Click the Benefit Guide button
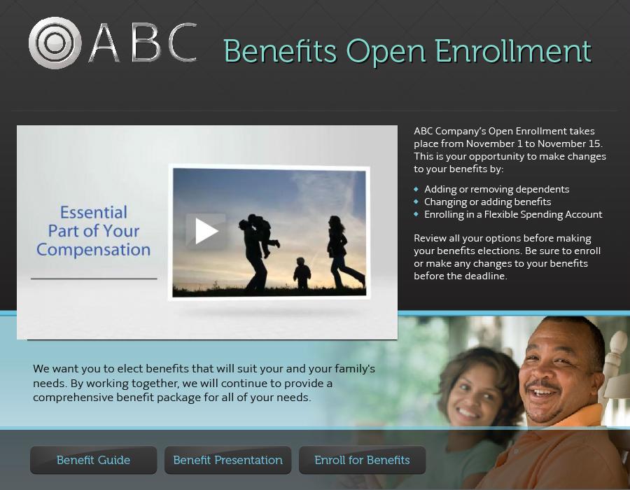[x=93, y=460]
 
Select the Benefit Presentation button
[x=227, y=460]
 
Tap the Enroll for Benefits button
[x=362, y=460]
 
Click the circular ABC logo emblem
[x=55, y=43]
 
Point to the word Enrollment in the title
[x=513, y=51]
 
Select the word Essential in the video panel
[x=94, y=212]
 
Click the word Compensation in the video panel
[x=93, y=250]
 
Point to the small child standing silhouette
[x=302, y=273]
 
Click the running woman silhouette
[x=344, y=252]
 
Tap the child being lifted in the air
[x=263, y=234]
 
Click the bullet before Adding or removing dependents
[x=416, y=189]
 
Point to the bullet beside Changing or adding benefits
[x=416, y=202]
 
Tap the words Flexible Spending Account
[x=543, y=214]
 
